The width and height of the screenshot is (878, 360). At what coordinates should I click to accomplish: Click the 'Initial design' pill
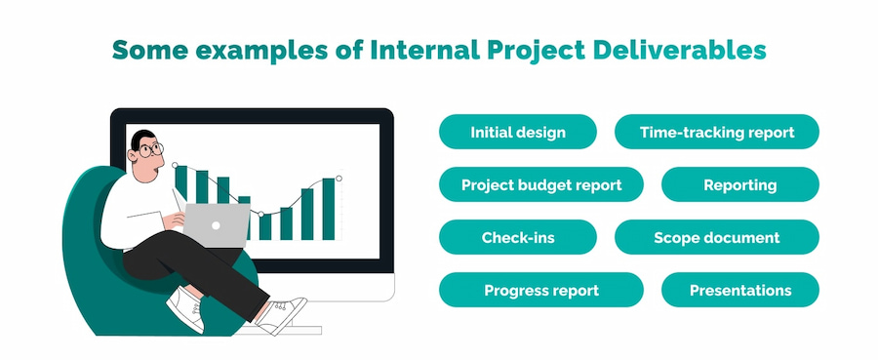point(517,132)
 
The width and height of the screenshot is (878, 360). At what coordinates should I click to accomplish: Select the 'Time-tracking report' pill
point(716,132)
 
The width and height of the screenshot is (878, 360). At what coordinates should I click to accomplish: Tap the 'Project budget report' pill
point(540,184)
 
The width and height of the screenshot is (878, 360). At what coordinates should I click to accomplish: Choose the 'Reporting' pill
point(739,184)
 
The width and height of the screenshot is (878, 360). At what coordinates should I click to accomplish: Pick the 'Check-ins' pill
point(517,237)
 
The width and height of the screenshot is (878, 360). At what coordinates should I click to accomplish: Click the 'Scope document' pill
point(716,237)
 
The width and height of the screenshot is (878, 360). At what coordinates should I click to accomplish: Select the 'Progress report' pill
point(540,290)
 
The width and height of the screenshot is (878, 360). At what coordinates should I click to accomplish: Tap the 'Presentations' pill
point(739,290)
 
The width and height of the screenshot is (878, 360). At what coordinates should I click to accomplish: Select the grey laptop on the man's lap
point(218,223)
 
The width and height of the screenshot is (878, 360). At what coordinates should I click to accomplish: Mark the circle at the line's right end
point(339,178)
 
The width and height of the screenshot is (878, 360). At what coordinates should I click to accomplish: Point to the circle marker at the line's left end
point(175,165)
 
